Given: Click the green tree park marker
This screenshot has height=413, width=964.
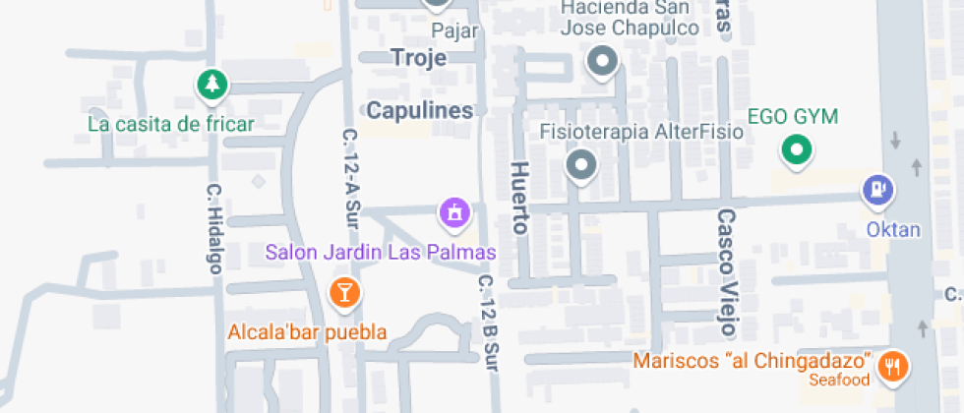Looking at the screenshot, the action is tap(211, 85).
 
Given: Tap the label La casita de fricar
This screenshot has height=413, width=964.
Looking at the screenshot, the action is tap(171, 124).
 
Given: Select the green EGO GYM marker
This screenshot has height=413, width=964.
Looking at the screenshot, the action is tap(796, 150).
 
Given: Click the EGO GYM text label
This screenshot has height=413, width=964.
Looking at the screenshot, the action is tap(793, 117).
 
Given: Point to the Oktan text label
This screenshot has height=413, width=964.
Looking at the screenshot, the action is tap(893, 230).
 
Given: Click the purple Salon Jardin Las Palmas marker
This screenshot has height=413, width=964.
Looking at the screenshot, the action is tap(453, 211).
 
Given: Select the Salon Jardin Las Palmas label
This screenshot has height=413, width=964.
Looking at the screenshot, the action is tap(381, 253).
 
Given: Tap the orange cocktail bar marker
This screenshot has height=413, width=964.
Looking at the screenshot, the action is tap(343, 291).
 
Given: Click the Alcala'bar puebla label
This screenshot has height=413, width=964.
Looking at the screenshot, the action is tap(307, 331).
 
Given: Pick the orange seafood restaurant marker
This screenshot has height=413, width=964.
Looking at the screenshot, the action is tap(893, 367).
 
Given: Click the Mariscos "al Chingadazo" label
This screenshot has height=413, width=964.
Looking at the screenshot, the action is tap(753, 360).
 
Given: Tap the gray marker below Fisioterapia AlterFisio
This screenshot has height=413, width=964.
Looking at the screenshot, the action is tap(581, 166).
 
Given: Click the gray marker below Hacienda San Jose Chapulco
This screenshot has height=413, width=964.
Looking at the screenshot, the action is tap(602, 65).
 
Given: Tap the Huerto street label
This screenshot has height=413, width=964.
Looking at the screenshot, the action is tap(519, 198).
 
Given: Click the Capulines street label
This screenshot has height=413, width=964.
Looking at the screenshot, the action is tap(420, 109).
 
